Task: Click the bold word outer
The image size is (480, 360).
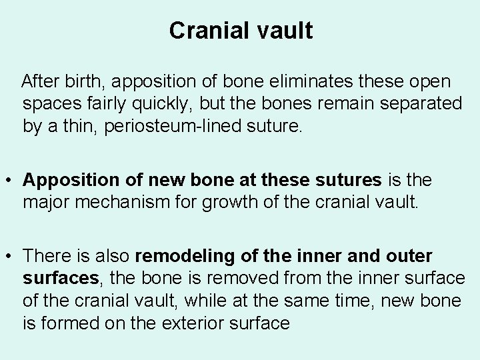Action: click(x=408, y=256)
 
